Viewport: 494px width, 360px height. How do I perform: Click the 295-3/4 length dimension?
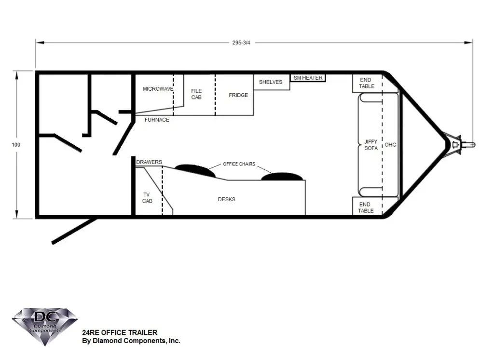(x=241, y=42)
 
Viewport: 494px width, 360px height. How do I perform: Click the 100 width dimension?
(x=16, y=145)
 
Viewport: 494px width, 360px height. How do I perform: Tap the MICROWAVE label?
(x=158, y=89)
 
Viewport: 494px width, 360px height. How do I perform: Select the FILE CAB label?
(x=196, y=94)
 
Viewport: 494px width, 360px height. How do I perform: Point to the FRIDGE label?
(x=238, y=95)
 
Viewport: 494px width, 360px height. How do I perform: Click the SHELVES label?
(x=271, y=82)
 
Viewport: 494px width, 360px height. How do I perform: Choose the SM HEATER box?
(x=308, y=78)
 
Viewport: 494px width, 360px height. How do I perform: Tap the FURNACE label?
(x=157, y=120)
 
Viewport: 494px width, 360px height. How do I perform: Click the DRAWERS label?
(x=149, y=162)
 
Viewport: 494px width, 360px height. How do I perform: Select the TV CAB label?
(x=147, y=198)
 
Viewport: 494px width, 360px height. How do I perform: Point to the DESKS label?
(x=227, y=199)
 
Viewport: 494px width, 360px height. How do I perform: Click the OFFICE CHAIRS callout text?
(x=239, y=164)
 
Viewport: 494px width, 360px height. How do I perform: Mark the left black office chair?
(x=195, y=170)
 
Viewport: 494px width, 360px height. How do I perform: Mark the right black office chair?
(x=282, y=177)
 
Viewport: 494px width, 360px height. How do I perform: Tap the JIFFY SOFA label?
(x=371, y=145)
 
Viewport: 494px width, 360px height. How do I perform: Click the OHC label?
(x=390, y=145)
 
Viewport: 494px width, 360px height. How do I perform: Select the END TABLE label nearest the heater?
(x=367, y=83)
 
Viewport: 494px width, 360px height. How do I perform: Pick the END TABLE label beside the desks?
(x=366, y=208)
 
